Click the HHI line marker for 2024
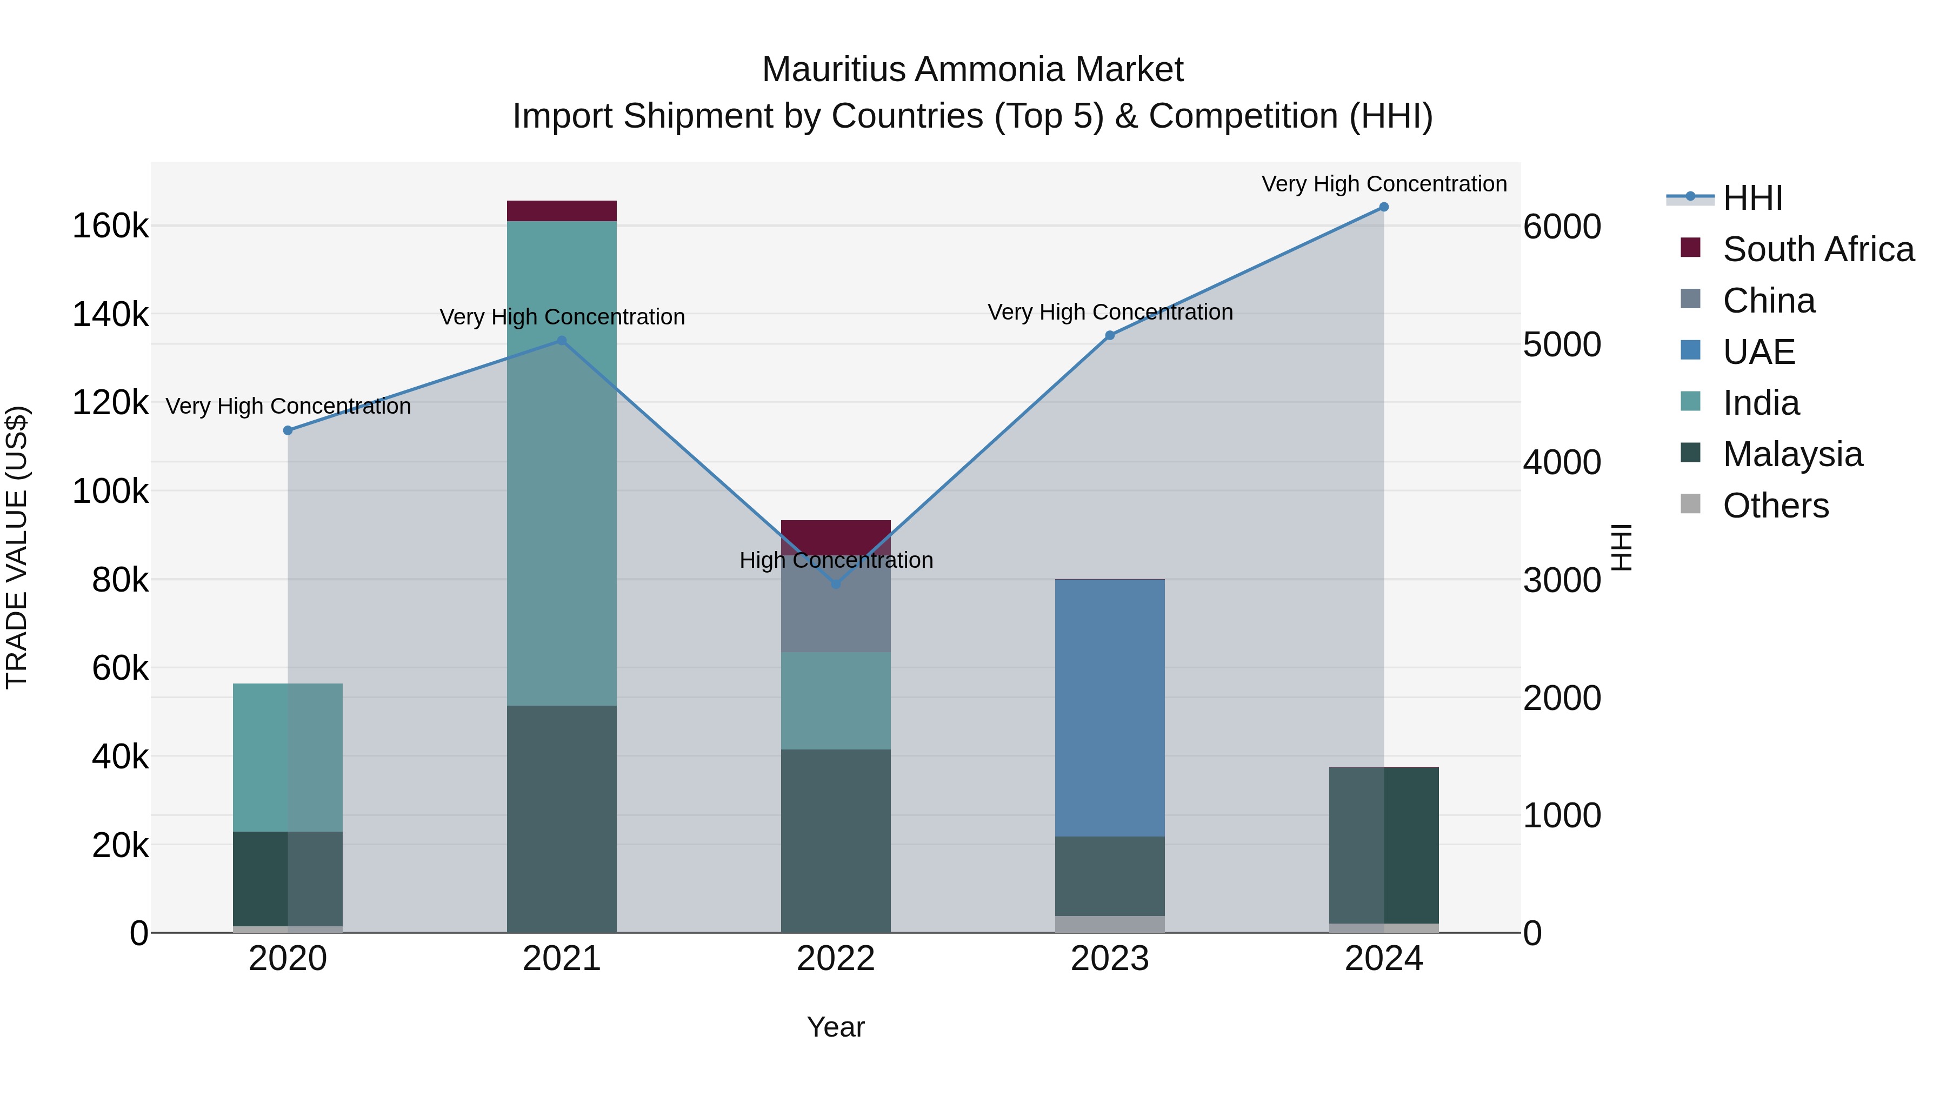click(1383, 207)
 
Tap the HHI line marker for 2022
click(836, 584)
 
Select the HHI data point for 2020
click(288, 431)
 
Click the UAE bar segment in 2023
click(1109, 707)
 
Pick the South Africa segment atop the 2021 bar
click(561, 211)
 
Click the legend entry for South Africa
click(1817, 249)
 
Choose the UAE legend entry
click(1758, 352)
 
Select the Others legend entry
click(1775, 506)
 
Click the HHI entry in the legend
click(1752, 198)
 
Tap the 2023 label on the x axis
click(1109, 959)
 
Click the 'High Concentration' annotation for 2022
click(836, 560)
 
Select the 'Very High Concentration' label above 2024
click(1383, 184)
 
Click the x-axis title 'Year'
click(836, 1027)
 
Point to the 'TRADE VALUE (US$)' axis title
click(17, 547)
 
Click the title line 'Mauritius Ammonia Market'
click(972, 70)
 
